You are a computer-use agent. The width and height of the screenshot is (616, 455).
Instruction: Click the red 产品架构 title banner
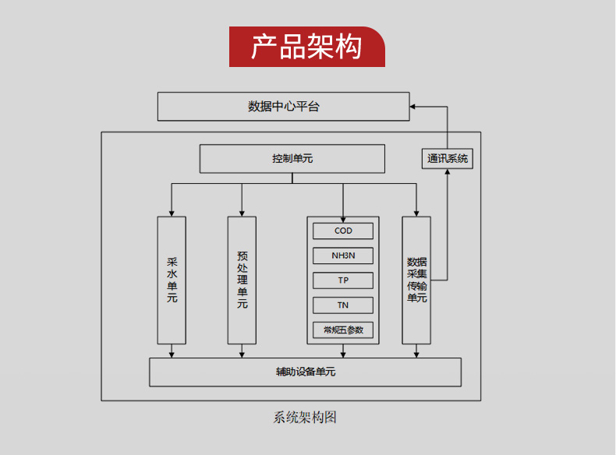tap(307, 47)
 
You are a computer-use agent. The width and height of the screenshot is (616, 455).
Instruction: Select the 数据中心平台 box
tap(283, 106)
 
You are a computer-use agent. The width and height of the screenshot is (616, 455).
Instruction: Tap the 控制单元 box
tap(292, 159)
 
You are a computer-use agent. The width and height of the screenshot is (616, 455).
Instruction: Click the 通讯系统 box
tap(448, 158)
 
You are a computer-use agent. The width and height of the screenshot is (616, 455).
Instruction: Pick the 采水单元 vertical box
tap(172, 280)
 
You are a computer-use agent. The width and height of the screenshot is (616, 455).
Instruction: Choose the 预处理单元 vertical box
tap(242, 280)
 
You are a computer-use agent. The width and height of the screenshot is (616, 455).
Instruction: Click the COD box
tap(343, 231)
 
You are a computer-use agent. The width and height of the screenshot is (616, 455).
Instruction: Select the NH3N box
tap(343, 256)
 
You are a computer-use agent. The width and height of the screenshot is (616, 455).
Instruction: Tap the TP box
tap(343, 280)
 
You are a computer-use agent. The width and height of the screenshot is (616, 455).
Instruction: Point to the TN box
tap(343, 305)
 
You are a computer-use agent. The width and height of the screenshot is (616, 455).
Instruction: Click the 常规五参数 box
tap(343, 330)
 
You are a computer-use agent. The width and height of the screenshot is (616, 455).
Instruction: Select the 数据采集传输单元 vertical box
tap(416, 280)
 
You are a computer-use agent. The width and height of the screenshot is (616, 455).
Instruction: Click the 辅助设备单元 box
tap(305, 372)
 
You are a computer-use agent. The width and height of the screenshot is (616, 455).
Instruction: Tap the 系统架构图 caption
tap(305, 417)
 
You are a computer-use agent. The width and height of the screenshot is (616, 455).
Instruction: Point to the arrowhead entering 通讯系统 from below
tap(448, 173)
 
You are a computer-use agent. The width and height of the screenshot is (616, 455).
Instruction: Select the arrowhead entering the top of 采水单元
tap(172, 213)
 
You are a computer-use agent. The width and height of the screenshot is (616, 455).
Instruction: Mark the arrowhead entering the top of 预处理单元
tap(242, 213)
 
